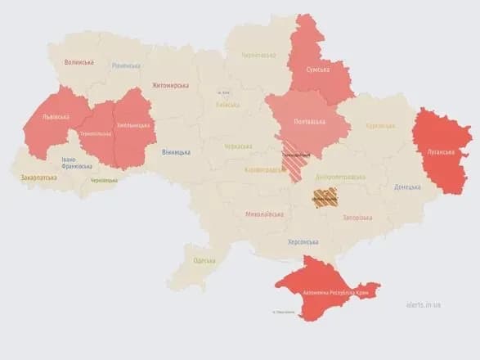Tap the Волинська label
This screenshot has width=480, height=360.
79,62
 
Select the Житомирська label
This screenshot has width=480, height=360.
170,86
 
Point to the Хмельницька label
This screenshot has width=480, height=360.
133,125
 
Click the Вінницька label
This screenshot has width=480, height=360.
176,152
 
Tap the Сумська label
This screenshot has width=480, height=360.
317,70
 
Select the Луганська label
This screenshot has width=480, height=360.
442,151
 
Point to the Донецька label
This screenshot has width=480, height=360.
406,187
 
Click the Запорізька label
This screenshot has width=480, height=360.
357,218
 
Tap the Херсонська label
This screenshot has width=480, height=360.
303,242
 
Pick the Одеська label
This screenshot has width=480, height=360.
204,260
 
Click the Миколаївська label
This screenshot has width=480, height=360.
264,214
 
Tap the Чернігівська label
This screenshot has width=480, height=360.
258,55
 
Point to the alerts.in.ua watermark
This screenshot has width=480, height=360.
423,304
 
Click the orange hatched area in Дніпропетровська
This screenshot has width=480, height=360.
325,197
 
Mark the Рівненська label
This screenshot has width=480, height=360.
126,65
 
